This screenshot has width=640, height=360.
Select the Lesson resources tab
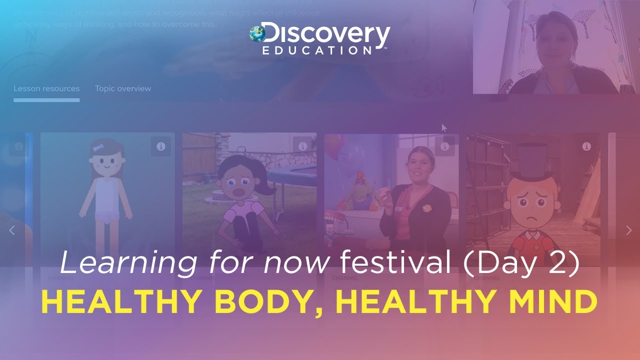click(x=46, y=88)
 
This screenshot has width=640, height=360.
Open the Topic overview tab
click(x=123, y=88)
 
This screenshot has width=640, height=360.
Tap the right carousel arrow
click(x=628, y=230)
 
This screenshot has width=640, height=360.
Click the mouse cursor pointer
click(x=443, y=127)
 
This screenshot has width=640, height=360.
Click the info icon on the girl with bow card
click(x=160, y=146)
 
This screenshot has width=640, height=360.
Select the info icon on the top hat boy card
click(x=586, y=146)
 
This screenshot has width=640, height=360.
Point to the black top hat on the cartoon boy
click(x=530, y=162)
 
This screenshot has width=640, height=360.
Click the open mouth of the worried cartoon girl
click(x=239, y=193)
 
